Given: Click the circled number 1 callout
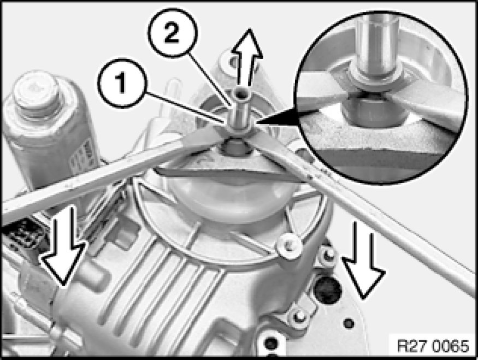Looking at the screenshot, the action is click(x=122, y=83).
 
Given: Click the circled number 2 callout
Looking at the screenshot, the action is click(x=172, y=33).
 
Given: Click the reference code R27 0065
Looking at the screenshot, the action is click(x=433, y=346).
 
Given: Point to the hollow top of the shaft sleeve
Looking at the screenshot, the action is click(x=241, y=96).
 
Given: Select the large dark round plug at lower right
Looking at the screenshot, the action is click(x=328, y=290).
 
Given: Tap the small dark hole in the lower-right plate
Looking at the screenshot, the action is click(x=349, y=323).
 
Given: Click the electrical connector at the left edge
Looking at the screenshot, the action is click(x=21, y=233).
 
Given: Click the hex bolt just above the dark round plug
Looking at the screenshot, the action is click(x=328, y=255).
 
